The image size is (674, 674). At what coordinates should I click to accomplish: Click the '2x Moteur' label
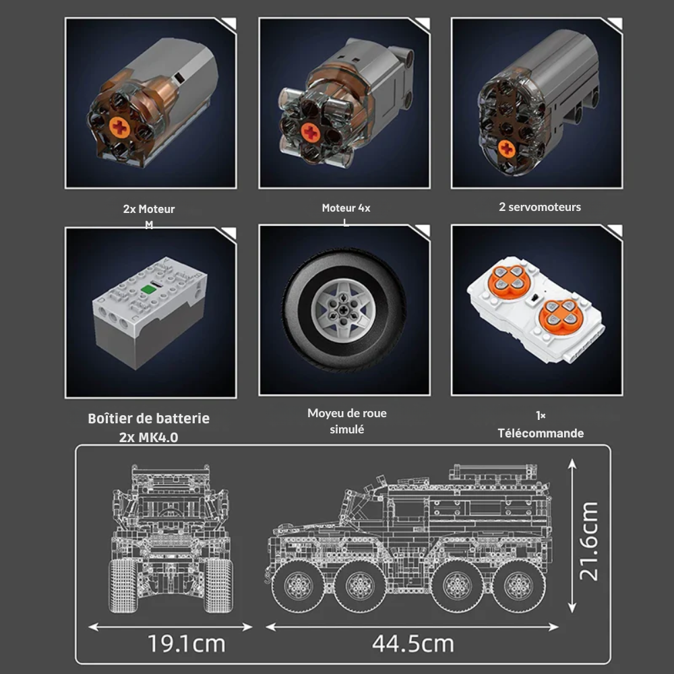tap(149, 210)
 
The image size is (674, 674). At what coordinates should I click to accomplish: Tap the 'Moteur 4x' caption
tap(346, 208)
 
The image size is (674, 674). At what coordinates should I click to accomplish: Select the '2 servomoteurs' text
tap(539, 207)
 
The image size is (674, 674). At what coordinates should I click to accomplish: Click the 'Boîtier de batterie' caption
tap(149, 419)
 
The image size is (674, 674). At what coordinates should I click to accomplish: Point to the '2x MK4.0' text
tap(149, 437)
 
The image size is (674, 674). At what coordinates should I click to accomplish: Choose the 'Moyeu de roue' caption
tap(346, 413)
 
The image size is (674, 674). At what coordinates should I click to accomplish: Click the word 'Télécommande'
tap(541, 433)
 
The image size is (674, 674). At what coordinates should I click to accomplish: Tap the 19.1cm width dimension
tap(187, 644)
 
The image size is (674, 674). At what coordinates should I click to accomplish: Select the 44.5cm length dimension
tap(413, 644)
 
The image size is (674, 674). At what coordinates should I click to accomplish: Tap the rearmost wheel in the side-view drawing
tap(518, 584)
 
